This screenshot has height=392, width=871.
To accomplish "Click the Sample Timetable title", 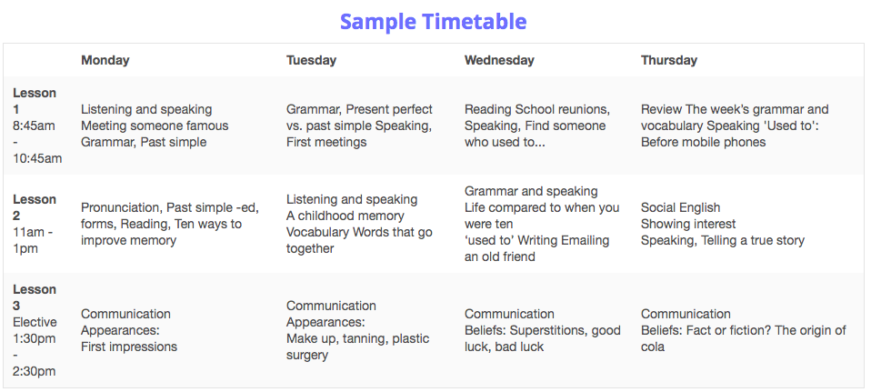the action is point(434,22).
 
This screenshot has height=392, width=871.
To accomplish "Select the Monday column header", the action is point(105,60).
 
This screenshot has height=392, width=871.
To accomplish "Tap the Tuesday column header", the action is point(311,60).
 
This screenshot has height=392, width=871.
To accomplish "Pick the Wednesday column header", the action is point(499,60).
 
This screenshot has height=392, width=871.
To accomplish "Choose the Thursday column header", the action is point(669,60).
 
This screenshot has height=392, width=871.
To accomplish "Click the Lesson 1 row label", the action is point(35,101).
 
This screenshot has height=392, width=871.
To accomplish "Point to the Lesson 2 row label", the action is point(35,207).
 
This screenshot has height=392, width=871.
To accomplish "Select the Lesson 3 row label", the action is point(35,297).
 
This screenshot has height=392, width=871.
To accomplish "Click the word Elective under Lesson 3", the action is point(35,323).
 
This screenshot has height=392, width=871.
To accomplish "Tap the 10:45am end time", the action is point(38,158).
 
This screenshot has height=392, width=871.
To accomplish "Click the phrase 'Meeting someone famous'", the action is point(155,126).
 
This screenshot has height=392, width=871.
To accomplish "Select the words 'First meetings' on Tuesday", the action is point(326,143).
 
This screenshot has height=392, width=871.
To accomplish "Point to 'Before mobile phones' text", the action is point(703,143).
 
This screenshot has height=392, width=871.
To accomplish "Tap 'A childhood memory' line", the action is point(345,216).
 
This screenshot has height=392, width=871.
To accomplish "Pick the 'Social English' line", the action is point(680,208).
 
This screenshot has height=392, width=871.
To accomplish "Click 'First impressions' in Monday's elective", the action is point(129,347).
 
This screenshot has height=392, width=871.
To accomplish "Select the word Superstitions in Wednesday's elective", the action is point(547,330).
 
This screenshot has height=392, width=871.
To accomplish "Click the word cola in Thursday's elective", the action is point(653,347).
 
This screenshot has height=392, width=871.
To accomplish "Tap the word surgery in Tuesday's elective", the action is point(307,356).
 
